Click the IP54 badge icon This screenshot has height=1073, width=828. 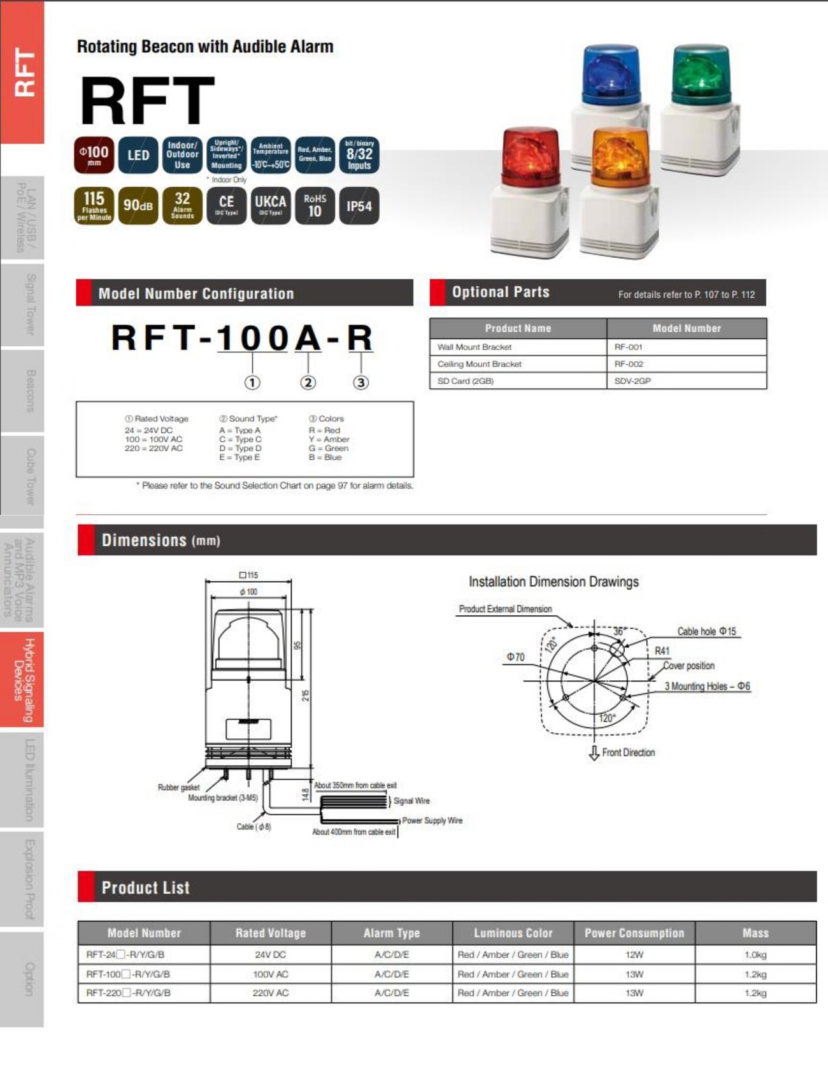click(x=359, y=206)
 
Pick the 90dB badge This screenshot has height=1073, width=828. click(x=138, y=206)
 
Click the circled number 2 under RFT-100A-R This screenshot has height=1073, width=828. click(x=308, y=383)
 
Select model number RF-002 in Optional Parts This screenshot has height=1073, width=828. click(x=629, y=364)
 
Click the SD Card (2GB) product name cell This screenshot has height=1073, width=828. click(x=466, y=381)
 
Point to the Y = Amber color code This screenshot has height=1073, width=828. click(x=329, y=439)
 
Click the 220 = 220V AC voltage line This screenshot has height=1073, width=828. click(x=153, y=448)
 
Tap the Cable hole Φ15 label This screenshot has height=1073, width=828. click(x=706, y=631)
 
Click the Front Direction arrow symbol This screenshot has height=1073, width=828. click(x=594, y=753)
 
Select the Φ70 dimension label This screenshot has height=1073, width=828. click(x=515, y=657)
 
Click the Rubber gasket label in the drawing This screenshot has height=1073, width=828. click(x=178, y=787)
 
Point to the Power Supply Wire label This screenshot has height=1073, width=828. click(x=432, y=821)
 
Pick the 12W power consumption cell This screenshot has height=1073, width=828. click(x=634, y=954)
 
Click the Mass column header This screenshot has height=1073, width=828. click(x=755, y=933)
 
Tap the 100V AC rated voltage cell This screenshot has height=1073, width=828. click(x=270, y=974)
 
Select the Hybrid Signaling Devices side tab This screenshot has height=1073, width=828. click(x=22, y=680)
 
